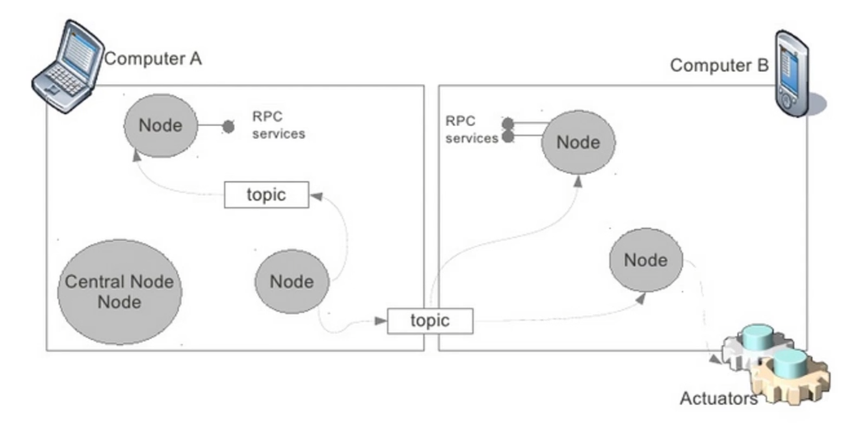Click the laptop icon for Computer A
(x=68, y=67)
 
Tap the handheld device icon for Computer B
(x=795, y=74)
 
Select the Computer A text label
(x=153, y=59)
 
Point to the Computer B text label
(x=719, y=65)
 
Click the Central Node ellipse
(x=120, y=292)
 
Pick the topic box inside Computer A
(x=267, y=195)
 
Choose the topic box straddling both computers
(x=430, y=321)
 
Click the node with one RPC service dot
(x=161, y=125)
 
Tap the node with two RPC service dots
(x=578, y=142)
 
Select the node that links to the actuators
(x=646, y=260)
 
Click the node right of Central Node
(x=292, y=281)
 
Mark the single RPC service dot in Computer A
(x=228, y=126)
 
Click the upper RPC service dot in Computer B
(x=508, y=123)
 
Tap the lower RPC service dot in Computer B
(x=508, y=137)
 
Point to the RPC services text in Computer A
(x=279, y=125)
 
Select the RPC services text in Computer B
(x=472, y=130)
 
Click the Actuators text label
(x=719, y=398)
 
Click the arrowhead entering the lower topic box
(x=381, y=321)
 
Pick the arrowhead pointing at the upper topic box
(x=317, y=196)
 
